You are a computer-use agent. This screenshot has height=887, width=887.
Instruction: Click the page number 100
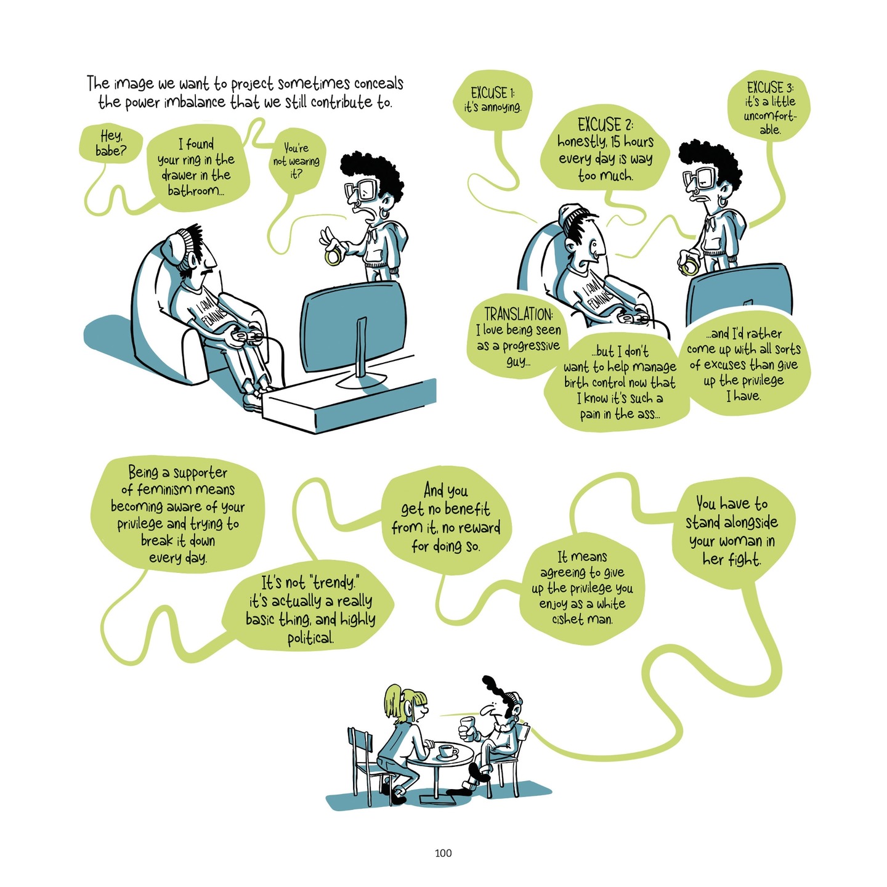[443, 853]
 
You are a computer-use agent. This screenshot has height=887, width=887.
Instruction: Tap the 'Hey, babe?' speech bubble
[110, 143]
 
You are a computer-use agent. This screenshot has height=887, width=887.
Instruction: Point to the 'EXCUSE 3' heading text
[766, 87]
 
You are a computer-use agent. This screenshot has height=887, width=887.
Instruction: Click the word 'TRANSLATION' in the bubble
[518, 314]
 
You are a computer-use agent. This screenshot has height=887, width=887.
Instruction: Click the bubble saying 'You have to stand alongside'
[731, 531]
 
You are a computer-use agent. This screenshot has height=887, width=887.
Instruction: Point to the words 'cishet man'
[582, 619]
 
